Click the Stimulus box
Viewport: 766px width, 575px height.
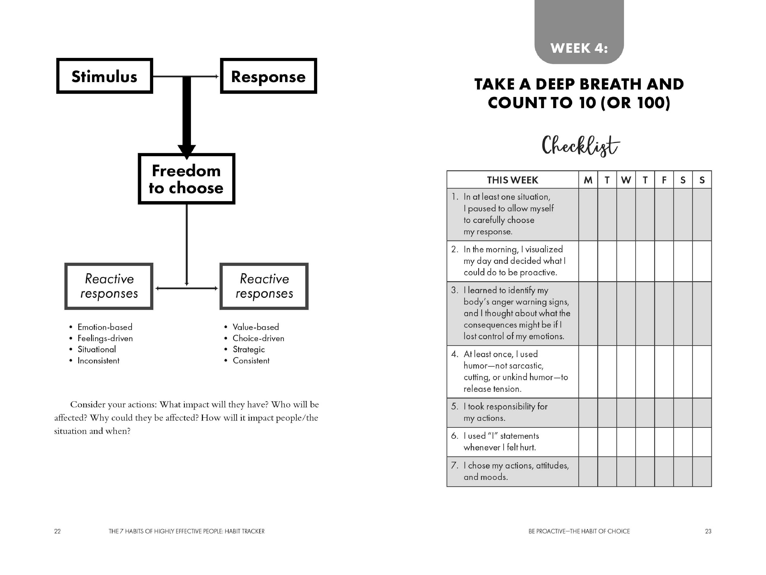click(104, 76)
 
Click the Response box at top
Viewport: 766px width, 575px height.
click(268, 76)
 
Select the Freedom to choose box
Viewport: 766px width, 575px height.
click(186, 179)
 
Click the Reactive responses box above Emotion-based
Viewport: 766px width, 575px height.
click(109, 286)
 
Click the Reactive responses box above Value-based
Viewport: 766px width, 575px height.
click(264, 286)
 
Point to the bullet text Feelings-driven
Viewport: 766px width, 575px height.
click(105, 338)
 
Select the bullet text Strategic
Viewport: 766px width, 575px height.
click(249, 349)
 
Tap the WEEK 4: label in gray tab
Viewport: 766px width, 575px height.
click(579, 48)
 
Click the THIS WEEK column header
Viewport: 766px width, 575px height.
click(513, 180)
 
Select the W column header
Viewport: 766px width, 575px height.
click(626, 180)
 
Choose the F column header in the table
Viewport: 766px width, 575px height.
click(664, 180)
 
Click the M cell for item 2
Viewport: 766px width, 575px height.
click(588, 261)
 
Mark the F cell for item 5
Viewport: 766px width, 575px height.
click(664, 412)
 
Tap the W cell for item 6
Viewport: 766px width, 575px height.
click(626, 442)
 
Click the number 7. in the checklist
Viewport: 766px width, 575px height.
click(455, 465)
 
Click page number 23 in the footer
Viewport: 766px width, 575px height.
click(708, 531)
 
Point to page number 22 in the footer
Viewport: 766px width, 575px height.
click(57, 531)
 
